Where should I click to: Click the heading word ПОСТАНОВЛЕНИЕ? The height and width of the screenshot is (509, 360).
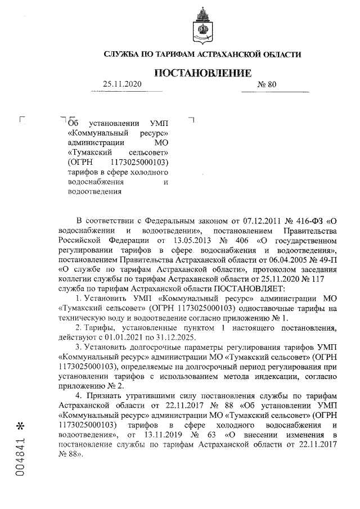click(202, 73)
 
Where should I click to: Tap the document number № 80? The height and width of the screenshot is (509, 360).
click(267, 84)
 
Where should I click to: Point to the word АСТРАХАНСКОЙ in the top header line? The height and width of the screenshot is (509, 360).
click(213, 54)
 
